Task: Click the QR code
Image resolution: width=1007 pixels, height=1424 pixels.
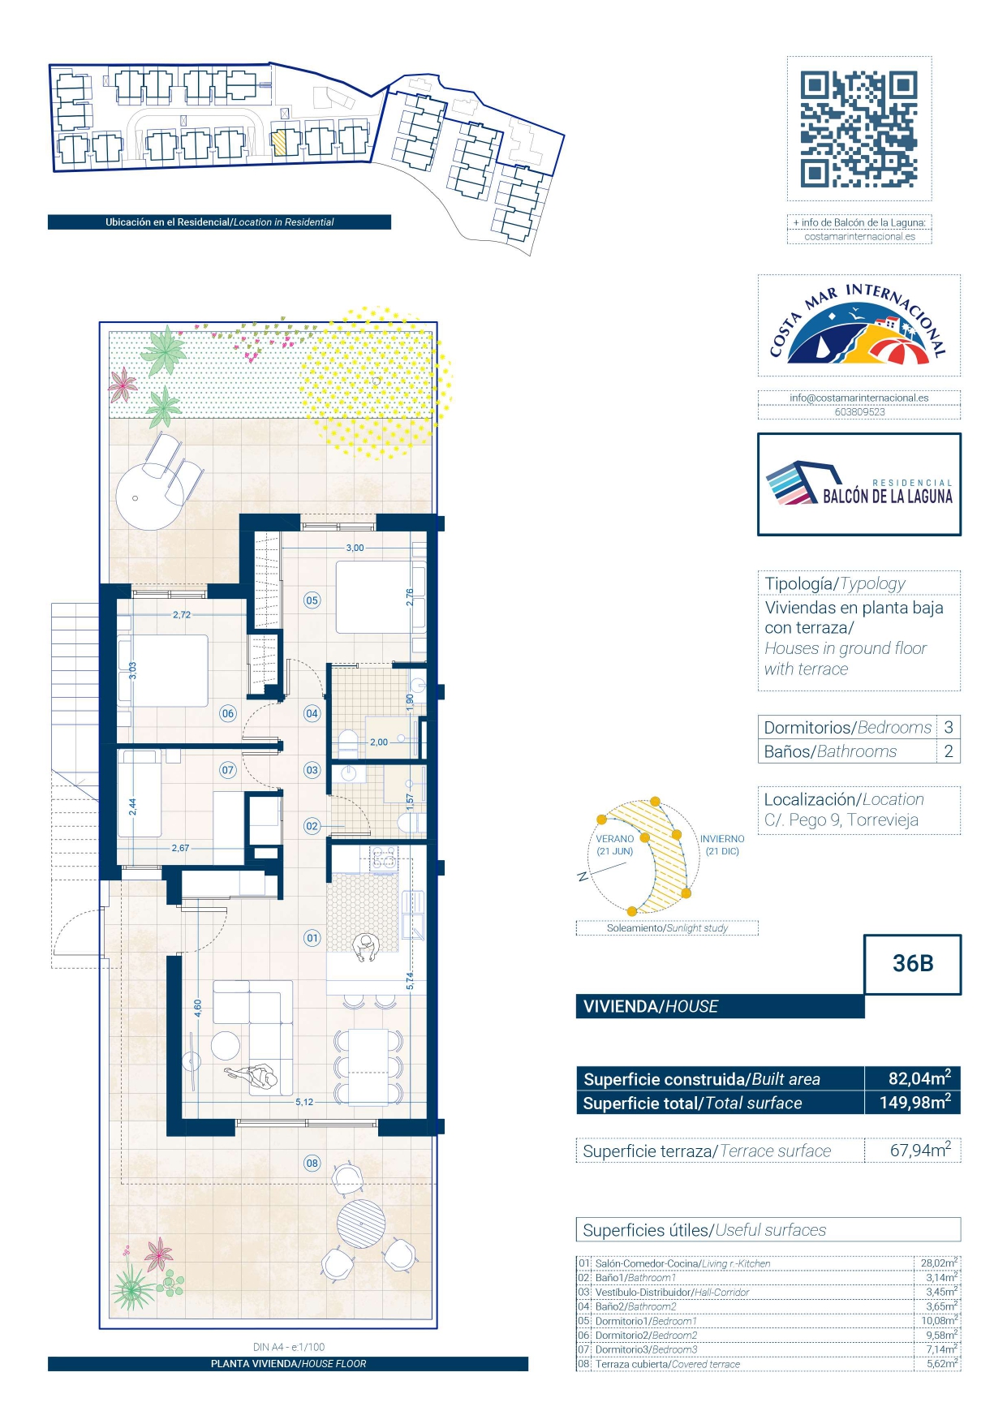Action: coord(859,129)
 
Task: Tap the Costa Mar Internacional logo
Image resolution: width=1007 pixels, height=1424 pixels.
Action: coord(859,325)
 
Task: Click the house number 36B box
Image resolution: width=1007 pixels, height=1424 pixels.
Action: coord(912,964)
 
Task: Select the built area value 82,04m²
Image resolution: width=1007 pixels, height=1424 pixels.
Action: coord(919,1078)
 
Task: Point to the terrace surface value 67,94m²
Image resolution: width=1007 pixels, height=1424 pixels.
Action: coord(920,1150)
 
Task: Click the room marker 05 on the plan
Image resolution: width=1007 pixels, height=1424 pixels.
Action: coord(312,600)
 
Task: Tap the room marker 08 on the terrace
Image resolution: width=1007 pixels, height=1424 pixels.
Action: coord(312,1163)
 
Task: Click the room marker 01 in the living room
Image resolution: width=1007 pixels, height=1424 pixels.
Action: coord(312,938)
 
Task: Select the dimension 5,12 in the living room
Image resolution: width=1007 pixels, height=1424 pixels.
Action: coord(304,1102)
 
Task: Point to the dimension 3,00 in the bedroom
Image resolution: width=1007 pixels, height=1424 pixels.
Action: coord(355,548)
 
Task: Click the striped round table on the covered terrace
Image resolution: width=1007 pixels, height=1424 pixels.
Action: coord(361,1224)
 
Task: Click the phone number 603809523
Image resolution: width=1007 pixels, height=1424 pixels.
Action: coord(859,412)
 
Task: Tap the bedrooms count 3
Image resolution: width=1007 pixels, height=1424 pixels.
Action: coord(948,727)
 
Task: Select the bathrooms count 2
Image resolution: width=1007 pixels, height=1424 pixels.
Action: coord(948,751)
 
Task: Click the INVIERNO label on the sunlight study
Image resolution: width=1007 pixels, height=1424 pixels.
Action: coord(722,839)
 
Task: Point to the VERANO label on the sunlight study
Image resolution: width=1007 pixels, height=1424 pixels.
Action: coord(615,839)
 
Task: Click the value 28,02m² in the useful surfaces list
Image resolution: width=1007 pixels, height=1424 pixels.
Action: coord(939,1263)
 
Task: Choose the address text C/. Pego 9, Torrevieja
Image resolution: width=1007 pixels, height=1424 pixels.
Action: coord(841,820)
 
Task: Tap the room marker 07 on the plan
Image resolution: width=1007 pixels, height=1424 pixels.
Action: coord(228,770)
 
